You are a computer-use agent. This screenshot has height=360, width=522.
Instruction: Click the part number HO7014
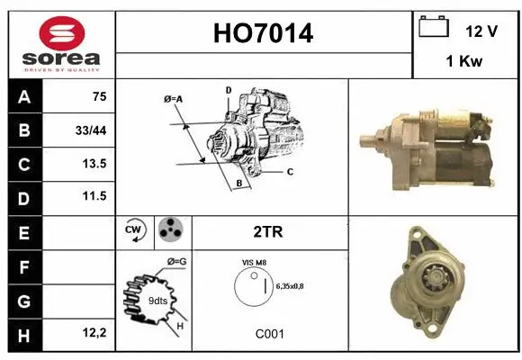click(x=264, y=33)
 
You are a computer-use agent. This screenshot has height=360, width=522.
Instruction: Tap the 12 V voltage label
click(x=481, y=31)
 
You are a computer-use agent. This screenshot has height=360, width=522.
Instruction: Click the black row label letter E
click(x=23, y=231)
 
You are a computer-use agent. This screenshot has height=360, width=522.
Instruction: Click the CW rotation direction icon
click(x=135, y=230)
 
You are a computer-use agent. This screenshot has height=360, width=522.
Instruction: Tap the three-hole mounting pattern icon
click(x=170, y=230)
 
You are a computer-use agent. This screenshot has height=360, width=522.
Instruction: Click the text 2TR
click(x=269, y=231)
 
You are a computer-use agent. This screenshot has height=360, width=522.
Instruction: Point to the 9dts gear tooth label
click(x=156, y=301)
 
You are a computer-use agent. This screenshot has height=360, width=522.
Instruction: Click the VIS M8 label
click(x=254, y=262)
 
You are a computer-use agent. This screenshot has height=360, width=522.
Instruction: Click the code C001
click(x=269, y=333)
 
